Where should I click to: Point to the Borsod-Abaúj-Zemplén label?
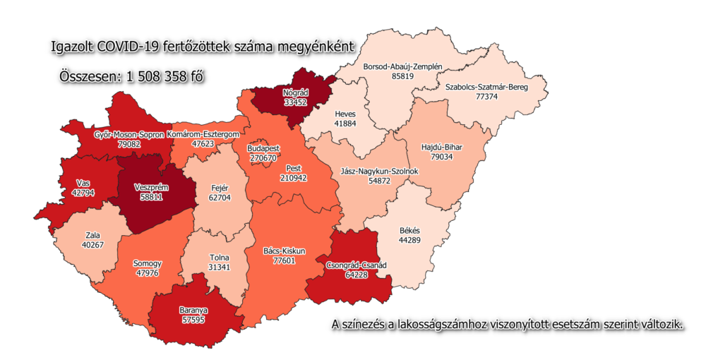pyautogui.click(x=402, y=66)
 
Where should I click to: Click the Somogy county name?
pyautogui.click(x=147, y=263)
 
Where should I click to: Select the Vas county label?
pyautogui.click(x=83, y=183)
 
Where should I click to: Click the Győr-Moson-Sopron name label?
pyautogui.click(x=129, y=134)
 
